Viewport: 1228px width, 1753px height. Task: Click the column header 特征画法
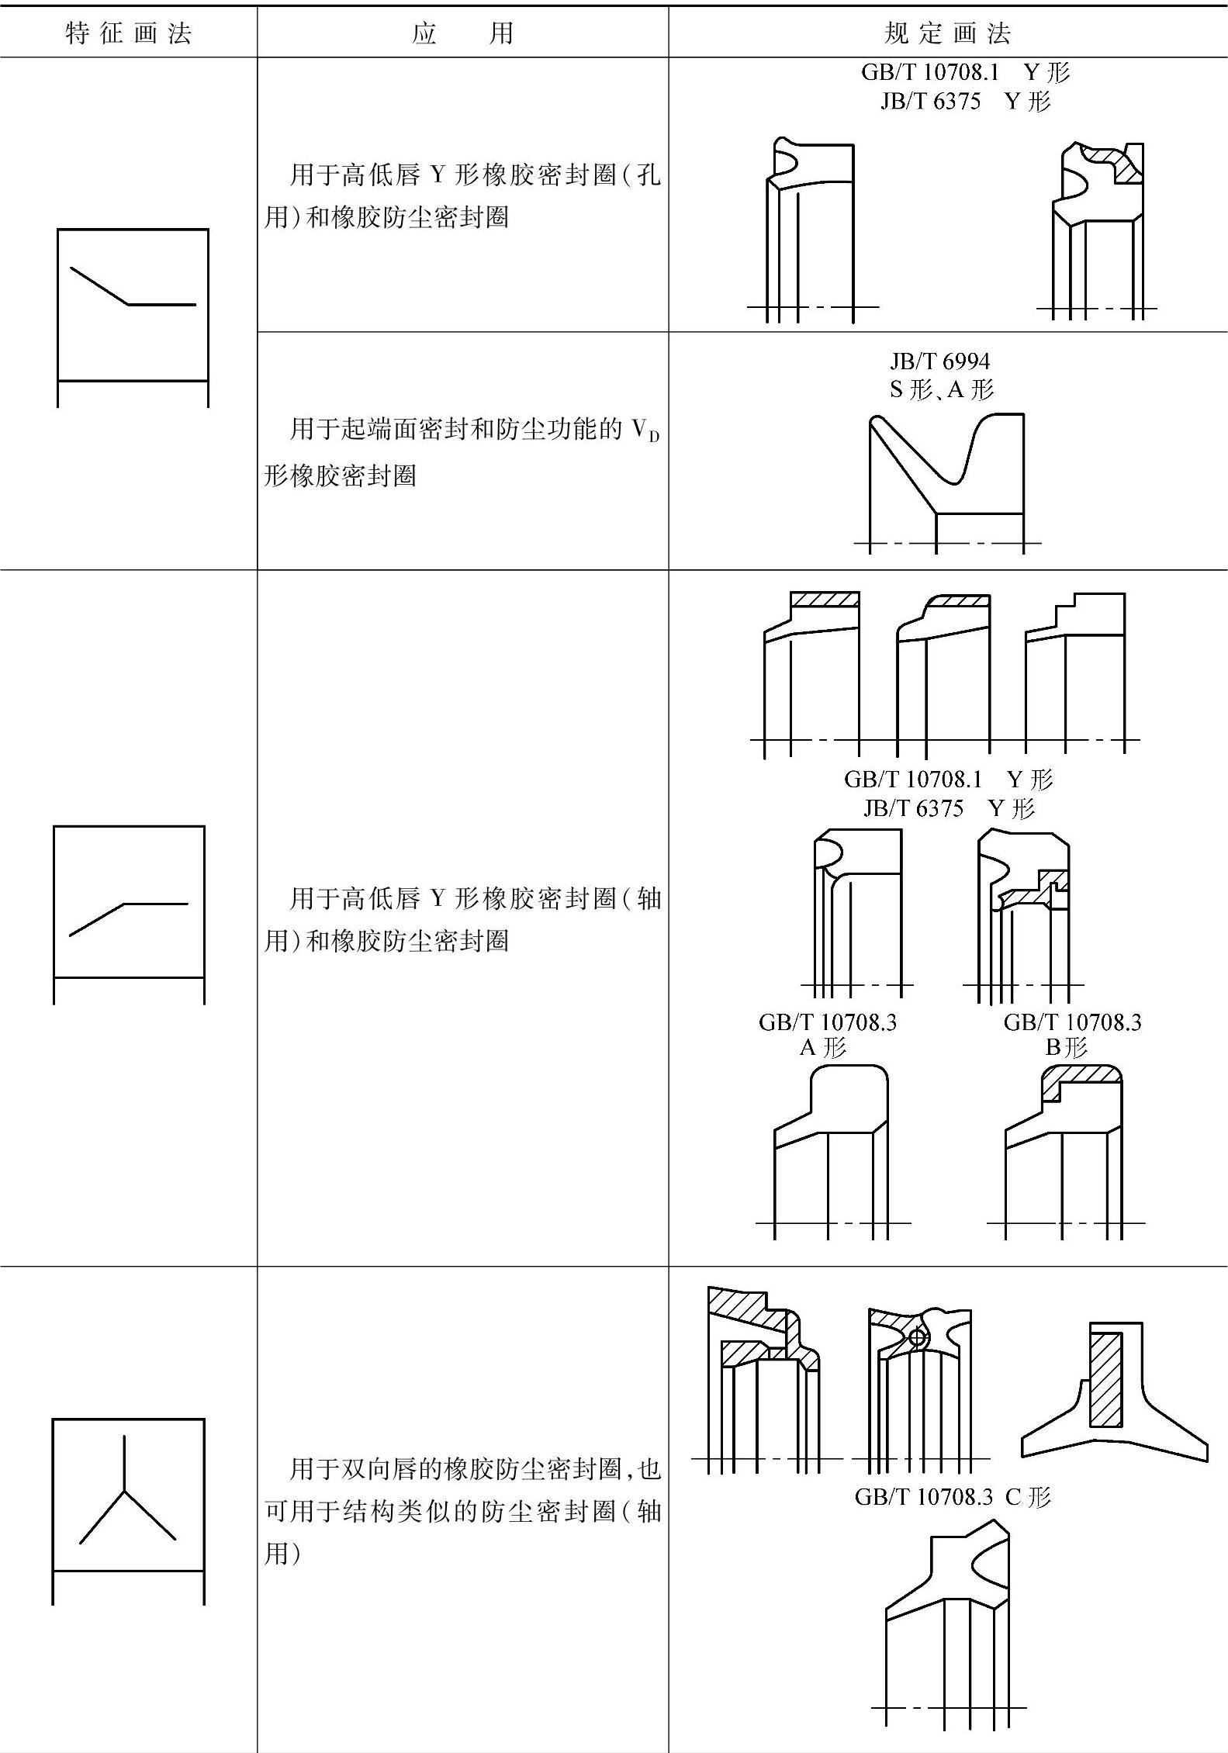(x=128, y=33)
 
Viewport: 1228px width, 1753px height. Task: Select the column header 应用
(x=462, y=33)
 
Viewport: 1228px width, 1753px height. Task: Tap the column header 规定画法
(x=947, y=33)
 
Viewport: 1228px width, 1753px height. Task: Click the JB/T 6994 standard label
(x=939, y=361)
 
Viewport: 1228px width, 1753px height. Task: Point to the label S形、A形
(x=941, y=389)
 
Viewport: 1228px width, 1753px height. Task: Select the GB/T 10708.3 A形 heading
(x=827, y=1035)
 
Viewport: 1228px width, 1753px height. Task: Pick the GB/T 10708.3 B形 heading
(x=1072, y=1035)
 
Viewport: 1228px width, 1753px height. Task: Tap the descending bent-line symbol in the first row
(x=132, y=288)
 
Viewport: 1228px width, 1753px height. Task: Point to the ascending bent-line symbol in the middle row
(x=128, y=918)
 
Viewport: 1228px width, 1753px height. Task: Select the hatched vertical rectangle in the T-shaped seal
(x=1105, y=1379)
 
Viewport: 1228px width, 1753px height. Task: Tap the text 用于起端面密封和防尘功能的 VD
(x=462, y=429)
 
